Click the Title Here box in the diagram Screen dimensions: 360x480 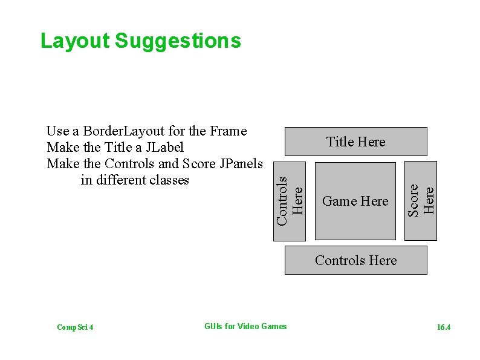(x=355, y=142)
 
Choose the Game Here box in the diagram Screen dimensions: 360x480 (x=355, y=201)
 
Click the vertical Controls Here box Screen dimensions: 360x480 (x=290, y=200)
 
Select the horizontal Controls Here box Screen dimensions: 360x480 (x=355, y=260)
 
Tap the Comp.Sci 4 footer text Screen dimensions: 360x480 (x=74, y=327)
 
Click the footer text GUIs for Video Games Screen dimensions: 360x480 (x=245, y=327)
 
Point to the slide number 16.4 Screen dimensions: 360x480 (x=444, y=327)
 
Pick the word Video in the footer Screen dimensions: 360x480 (x=249, y=327)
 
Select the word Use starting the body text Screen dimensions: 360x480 (x=57, y=131)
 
